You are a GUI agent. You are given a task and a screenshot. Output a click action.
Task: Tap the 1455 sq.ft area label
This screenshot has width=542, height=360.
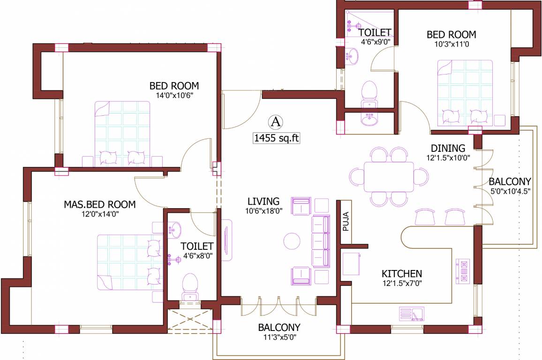point(276,138)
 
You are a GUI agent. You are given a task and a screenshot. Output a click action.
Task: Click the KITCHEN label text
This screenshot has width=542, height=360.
point(401,274)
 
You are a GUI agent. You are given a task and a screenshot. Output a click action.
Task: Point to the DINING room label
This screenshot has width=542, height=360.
point(448,149)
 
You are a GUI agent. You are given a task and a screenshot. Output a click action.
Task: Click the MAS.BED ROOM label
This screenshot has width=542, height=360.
point(99,205)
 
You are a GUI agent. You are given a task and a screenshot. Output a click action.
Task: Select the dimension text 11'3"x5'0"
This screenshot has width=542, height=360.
point(279,337)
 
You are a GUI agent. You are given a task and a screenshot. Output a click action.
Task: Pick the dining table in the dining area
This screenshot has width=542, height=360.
point(389,177)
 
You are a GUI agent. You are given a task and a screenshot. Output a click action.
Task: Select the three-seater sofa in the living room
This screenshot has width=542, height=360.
point(321,241)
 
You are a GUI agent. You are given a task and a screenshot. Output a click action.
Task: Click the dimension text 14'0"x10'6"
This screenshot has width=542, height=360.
point(174,95)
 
